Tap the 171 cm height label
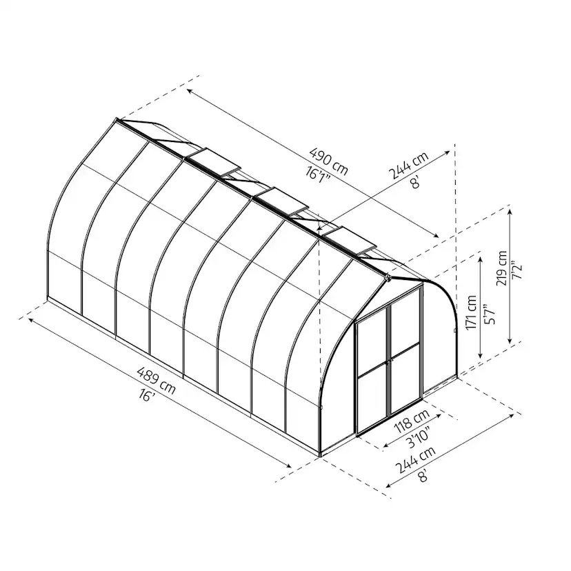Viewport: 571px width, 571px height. [x=471, y=314]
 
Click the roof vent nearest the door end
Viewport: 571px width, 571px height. [x=352, y=237]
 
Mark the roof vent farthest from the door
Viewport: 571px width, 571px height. [x=214, y=161]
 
